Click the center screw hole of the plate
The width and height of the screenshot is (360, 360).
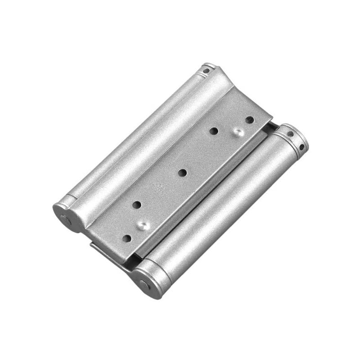coord(182,172)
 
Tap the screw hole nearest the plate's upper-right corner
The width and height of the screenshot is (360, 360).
coord(249,120)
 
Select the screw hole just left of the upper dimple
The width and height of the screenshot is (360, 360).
coord(214,130)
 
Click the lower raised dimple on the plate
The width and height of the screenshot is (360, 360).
coord(143,224)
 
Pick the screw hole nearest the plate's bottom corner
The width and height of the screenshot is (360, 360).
coord(127,238)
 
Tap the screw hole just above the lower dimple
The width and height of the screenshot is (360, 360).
coord(137,205)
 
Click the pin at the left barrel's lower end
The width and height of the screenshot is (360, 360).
coord(66,220)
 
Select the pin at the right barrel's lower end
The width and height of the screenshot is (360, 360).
coord(144,284)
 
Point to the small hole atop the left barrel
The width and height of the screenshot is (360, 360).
coord(206,71)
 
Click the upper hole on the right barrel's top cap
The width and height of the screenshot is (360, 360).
coord(290,134)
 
